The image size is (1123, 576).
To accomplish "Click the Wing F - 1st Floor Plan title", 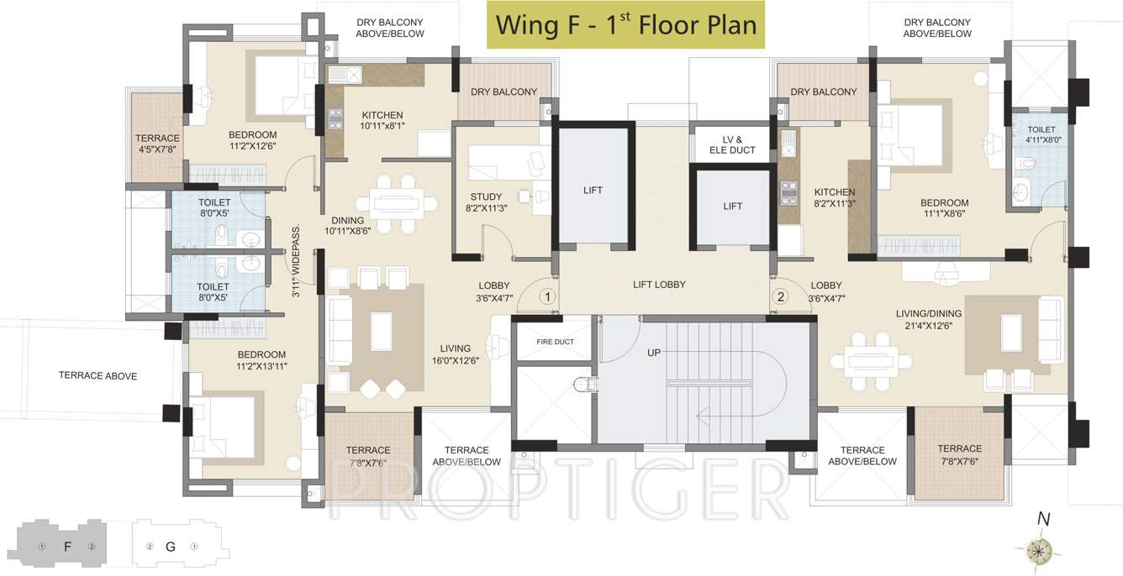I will coord(625,24).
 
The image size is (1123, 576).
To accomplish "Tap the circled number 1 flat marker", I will coord(547,296).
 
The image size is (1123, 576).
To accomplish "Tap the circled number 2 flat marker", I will coord(781,296).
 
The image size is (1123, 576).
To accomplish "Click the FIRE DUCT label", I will coord(556,343).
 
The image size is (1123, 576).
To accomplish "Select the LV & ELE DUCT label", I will coord(732,144).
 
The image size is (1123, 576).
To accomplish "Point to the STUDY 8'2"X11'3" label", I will coord(487,203).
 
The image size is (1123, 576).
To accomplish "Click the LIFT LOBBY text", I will coord(659,285).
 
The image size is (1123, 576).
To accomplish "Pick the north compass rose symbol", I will coord(1041,550).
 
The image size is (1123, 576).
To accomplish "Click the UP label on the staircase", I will coord(654,353).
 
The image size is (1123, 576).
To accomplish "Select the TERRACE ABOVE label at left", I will coord(98,376).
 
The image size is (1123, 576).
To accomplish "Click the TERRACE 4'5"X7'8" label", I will coord(157,144).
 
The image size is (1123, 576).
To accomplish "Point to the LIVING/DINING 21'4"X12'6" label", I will coord(929,320).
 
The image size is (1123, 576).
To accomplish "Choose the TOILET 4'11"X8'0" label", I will coord(1041,135).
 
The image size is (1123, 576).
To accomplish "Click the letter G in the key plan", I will coord(171,547).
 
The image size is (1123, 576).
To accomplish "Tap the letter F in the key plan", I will coord(68,547).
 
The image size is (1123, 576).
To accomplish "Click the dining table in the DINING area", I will coord(396,202).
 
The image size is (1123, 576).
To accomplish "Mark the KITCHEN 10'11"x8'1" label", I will coord(382,121).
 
